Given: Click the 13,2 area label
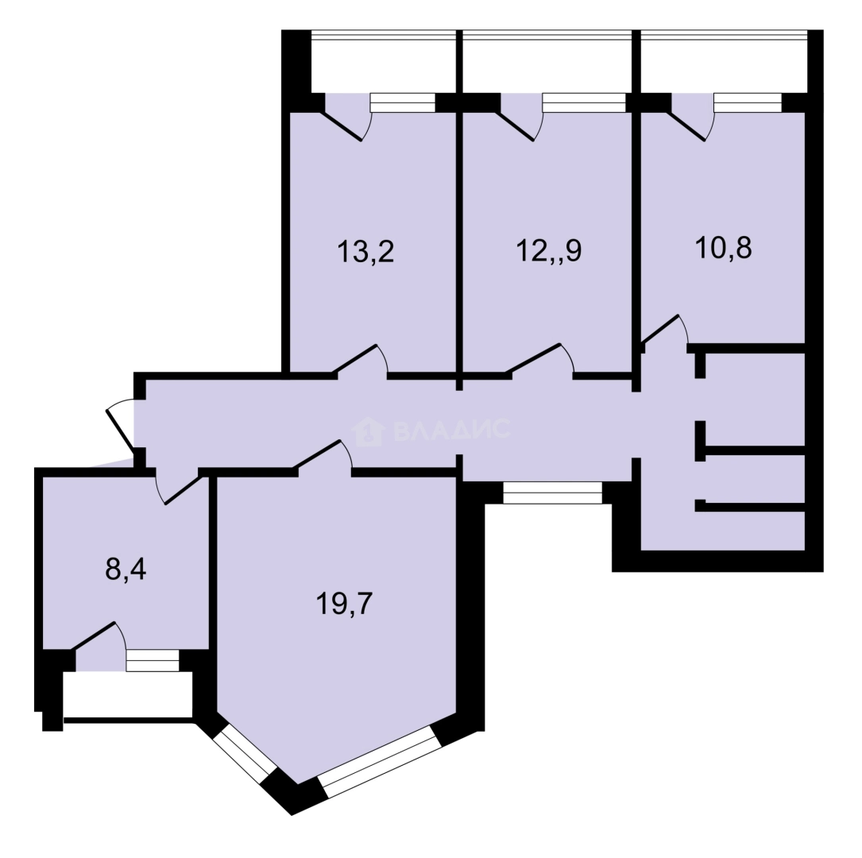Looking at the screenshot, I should click(x=365, y=252).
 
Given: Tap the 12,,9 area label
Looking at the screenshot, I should click(x=549, y=251).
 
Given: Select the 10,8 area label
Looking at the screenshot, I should click(x=724, y=248).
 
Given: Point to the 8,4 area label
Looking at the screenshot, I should click(x=126, y=570).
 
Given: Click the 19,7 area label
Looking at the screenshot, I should click(x=345, y=604).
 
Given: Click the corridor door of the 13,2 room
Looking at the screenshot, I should click(x=358, y=359).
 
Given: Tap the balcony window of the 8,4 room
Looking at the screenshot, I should click(x=153, y=661).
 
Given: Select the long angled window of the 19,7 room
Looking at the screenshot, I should click(x=380, y=762).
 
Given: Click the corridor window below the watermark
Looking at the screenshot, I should click(x=552, y=493).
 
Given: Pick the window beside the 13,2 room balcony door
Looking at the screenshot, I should click(x=403, y=103).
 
